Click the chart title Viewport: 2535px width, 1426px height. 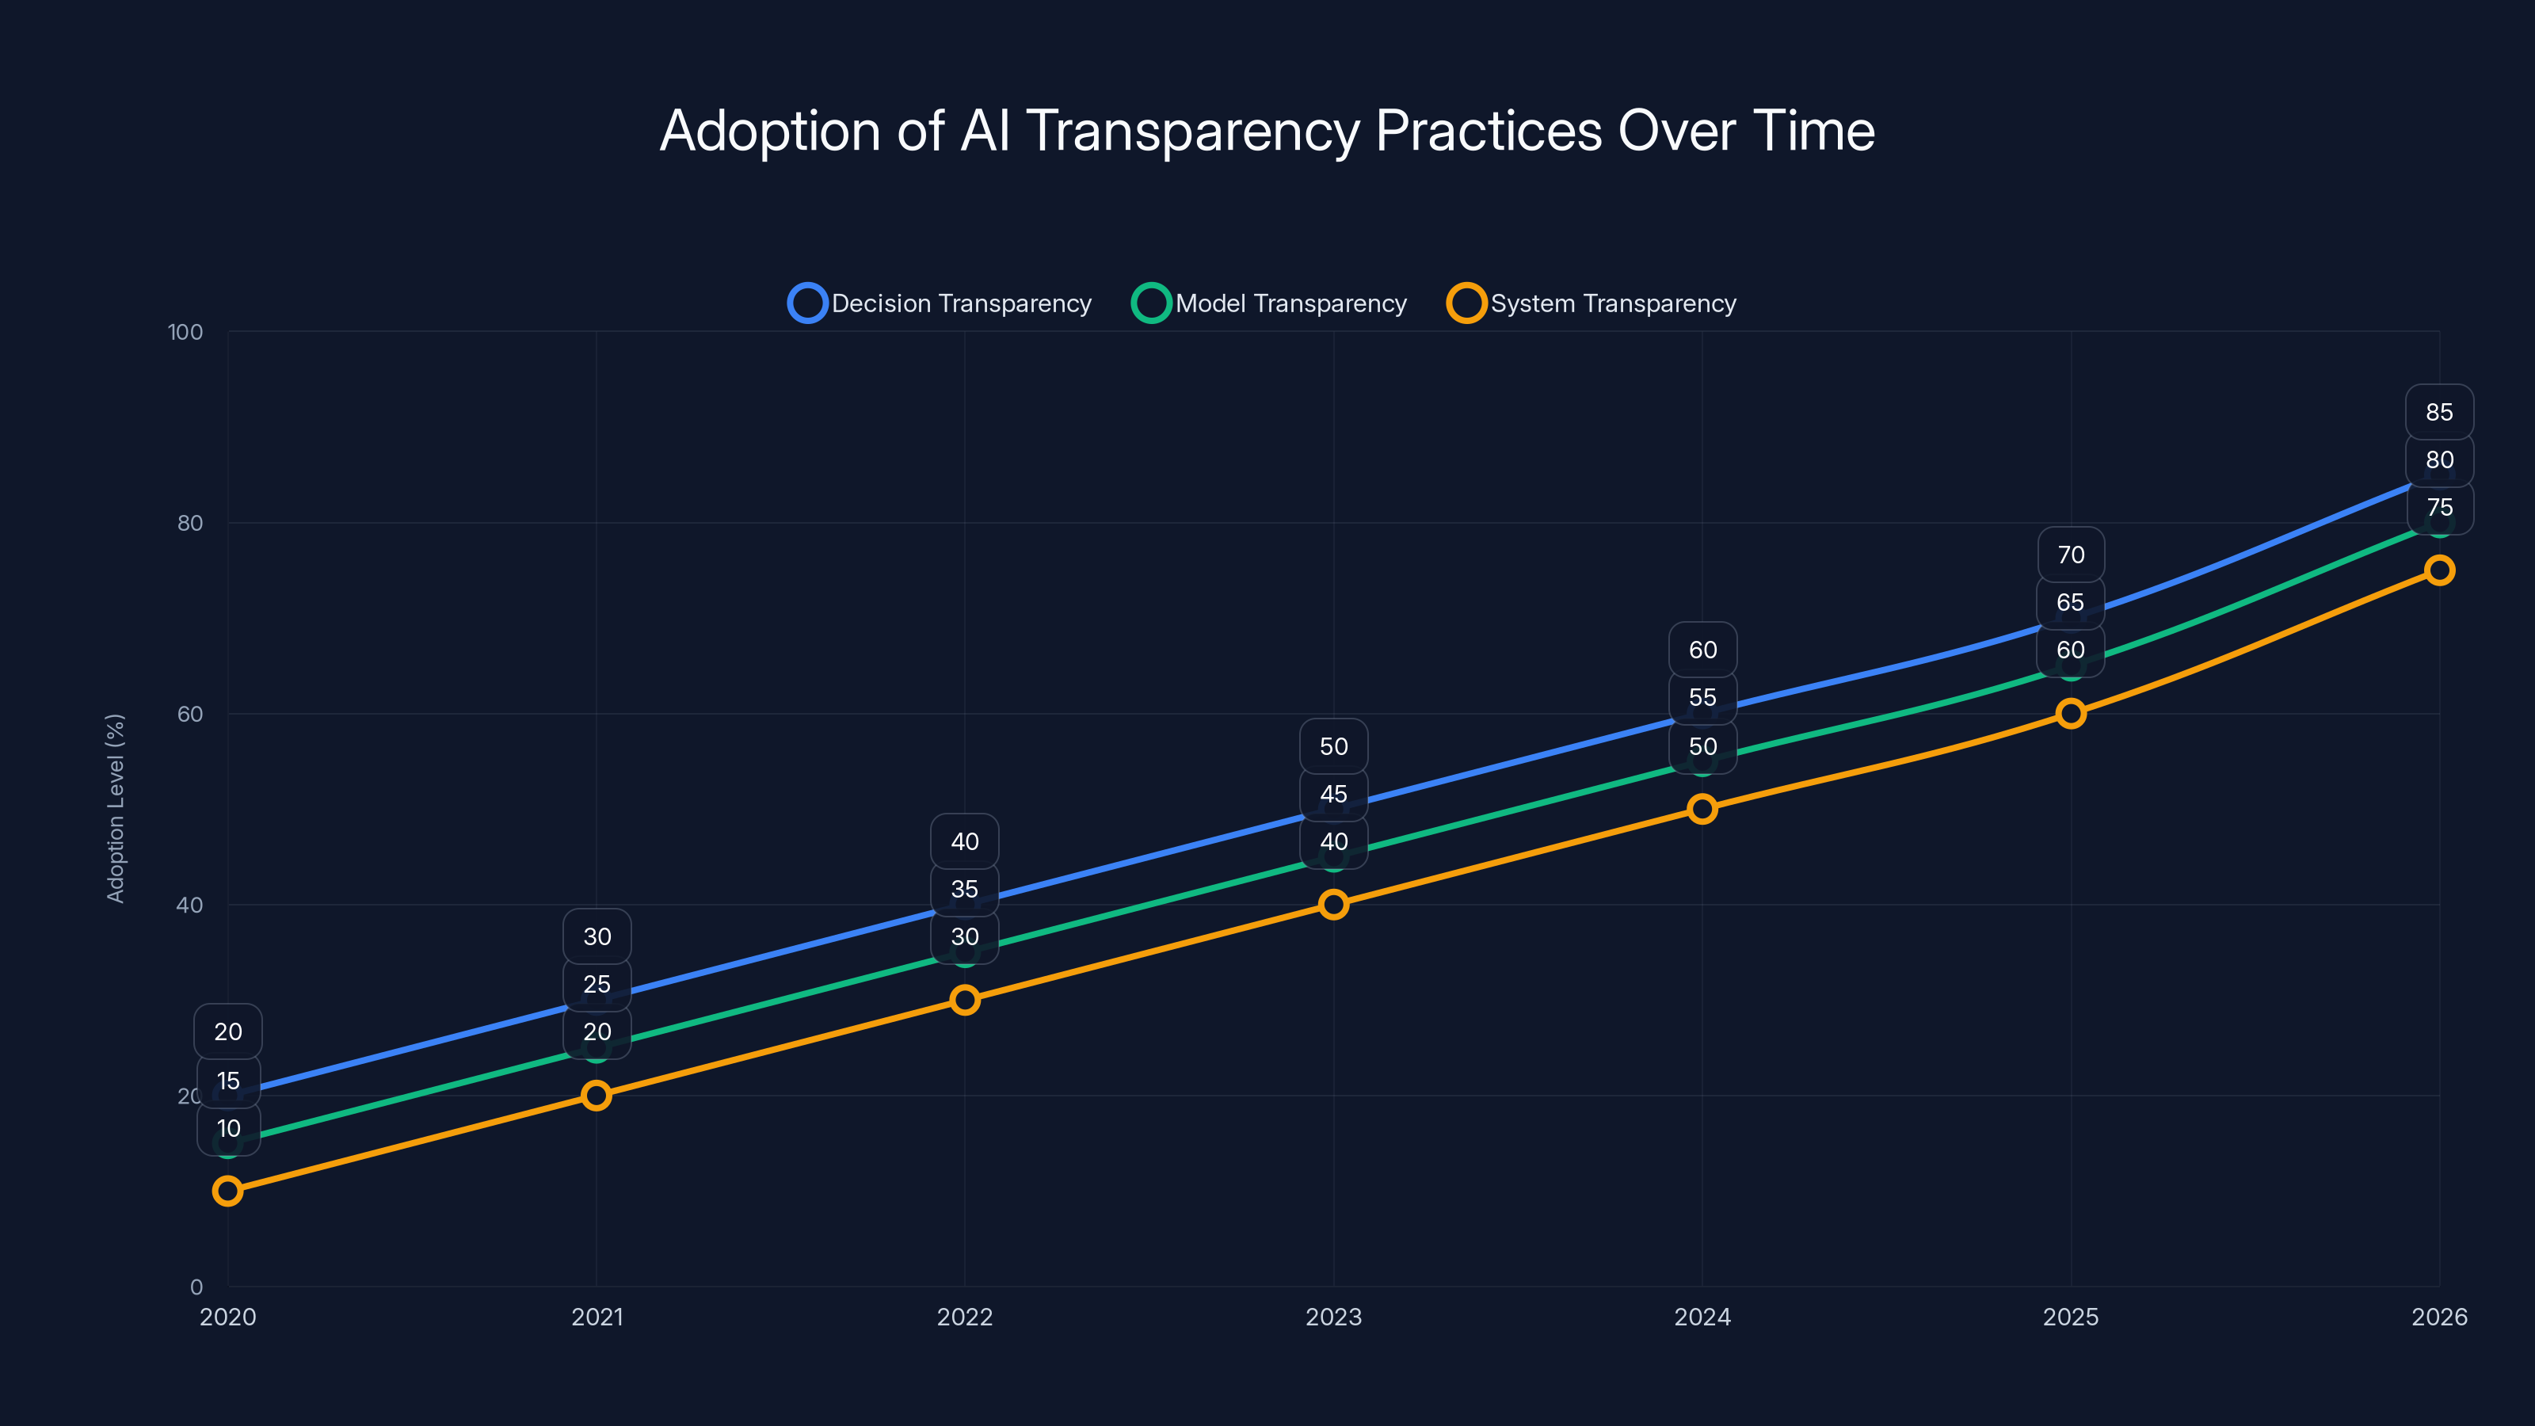click(x=1267, y=130)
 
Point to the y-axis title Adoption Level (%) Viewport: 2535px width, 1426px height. click(x=115, y=808)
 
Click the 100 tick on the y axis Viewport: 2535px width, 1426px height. click(x=185, y=332)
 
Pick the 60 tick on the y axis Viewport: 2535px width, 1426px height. click(x=190, y=714)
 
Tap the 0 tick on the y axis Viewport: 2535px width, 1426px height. click(x=196, y=1287)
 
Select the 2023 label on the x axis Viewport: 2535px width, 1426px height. click(x=1333, y=1317)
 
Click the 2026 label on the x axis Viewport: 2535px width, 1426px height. click(x=2438, y=1317)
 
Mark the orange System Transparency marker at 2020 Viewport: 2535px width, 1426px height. click(x=227, y=1191)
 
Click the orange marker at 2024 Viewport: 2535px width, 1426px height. click(x=1702, y=809)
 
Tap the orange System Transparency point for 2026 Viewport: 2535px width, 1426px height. click(x=2438, y=570)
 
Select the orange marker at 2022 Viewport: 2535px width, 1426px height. click(x=964, y=1000)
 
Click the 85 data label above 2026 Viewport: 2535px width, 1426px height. click(x=2438, y=412)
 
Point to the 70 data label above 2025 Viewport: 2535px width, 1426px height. click(x=2071, y=555)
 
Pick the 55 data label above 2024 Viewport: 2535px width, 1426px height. click(x=1702, y=698)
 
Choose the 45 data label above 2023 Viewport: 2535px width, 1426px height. click(x=1333, y=794)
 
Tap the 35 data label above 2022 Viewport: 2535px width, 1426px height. click(x=964, y=890)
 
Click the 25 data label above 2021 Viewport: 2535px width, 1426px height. click(x=597, y=984)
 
